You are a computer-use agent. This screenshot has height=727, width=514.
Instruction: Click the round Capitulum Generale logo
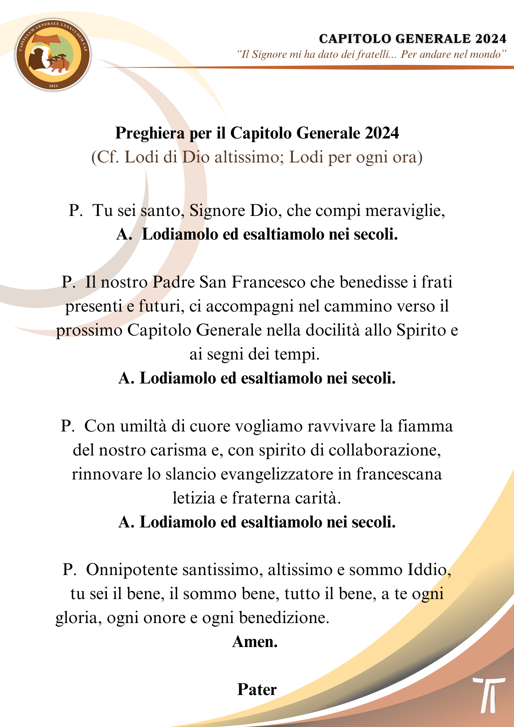click(53, 55)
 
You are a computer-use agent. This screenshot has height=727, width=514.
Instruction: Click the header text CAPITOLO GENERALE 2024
click(413, 39)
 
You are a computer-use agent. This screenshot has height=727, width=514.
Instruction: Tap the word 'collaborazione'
click(385, 450)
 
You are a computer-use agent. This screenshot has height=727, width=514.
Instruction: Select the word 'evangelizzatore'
click(279, 474)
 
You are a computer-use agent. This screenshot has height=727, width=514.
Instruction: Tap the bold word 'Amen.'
click(255, 642)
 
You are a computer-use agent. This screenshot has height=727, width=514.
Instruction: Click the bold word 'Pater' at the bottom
click(257, 690)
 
